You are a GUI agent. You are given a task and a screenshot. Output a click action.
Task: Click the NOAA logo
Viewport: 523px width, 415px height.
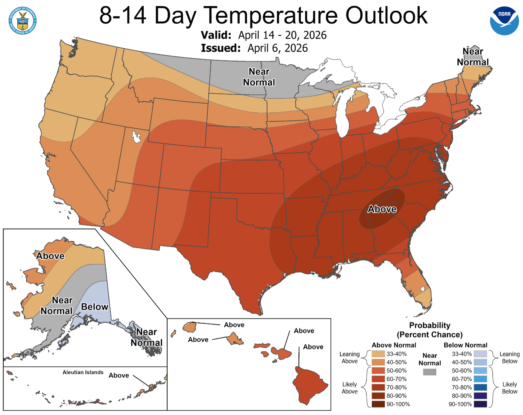[x=504, y=21]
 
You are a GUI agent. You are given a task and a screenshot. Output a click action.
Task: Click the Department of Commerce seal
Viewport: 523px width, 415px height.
[x=22, y=21]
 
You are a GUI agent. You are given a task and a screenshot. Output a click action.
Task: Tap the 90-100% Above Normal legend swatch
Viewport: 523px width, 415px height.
[x=378, y=404]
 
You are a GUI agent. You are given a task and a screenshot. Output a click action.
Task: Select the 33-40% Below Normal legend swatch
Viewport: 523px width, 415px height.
[x=480, y=354]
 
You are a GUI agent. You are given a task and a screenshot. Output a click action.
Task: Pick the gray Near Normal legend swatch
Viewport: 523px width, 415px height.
[x=429, y=372]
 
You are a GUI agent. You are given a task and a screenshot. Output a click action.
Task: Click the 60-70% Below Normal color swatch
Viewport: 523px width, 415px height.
[x=480, y=379]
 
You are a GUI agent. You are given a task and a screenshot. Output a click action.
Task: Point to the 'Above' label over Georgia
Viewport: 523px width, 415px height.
[x=382, y=209]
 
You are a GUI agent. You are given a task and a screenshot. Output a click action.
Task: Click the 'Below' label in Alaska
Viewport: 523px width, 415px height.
[x=95, y=307]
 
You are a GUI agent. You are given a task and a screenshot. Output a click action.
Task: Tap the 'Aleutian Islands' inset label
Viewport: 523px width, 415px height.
[x=83, y=372]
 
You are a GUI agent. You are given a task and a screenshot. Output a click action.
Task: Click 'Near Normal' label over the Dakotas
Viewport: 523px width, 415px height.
[x=259, y=77]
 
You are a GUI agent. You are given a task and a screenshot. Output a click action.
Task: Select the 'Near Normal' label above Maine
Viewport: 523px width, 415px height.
[x=473, y=57]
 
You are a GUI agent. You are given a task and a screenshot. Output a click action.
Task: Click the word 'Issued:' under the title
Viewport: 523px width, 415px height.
[x=221, y=48]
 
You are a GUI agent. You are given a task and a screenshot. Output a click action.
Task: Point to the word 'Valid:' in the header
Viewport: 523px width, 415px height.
[x=216, y=35]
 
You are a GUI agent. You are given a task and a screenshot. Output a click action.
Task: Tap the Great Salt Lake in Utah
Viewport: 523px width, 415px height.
[x=136, y=137]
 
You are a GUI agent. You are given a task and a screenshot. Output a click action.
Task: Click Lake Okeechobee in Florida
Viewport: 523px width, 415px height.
[x=422, y=289]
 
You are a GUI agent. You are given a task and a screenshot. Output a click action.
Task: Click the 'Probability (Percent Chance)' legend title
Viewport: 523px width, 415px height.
[x=429, y=330]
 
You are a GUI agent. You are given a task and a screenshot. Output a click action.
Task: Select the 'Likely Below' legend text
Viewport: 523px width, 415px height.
[x=509, y=388]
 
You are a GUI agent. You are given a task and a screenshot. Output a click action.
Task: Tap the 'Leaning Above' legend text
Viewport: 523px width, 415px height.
[x=349, y=358]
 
